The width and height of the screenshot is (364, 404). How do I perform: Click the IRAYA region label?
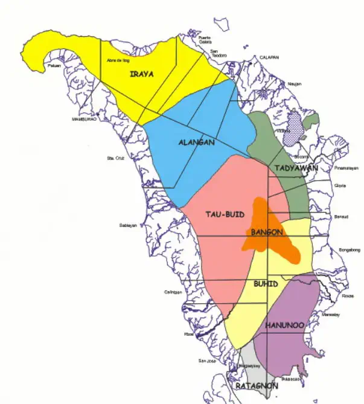pos(142,74)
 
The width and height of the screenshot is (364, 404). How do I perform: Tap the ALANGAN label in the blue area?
pos(197,143)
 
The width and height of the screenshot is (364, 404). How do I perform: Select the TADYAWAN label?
pos(296,168)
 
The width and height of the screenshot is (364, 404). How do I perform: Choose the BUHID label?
pos(266,282)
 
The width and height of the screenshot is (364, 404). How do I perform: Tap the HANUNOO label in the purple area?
pos(284,325)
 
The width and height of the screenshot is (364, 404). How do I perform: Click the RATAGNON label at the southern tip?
pos(257,385)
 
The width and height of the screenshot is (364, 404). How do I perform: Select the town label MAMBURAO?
pos(85,119)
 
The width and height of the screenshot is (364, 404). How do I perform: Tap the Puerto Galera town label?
pos(206,40)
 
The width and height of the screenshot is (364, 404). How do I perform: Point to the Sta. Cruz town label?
pos(114,158)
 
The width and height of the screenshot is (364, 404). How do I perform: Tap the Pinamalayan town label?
pos(346,168)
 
